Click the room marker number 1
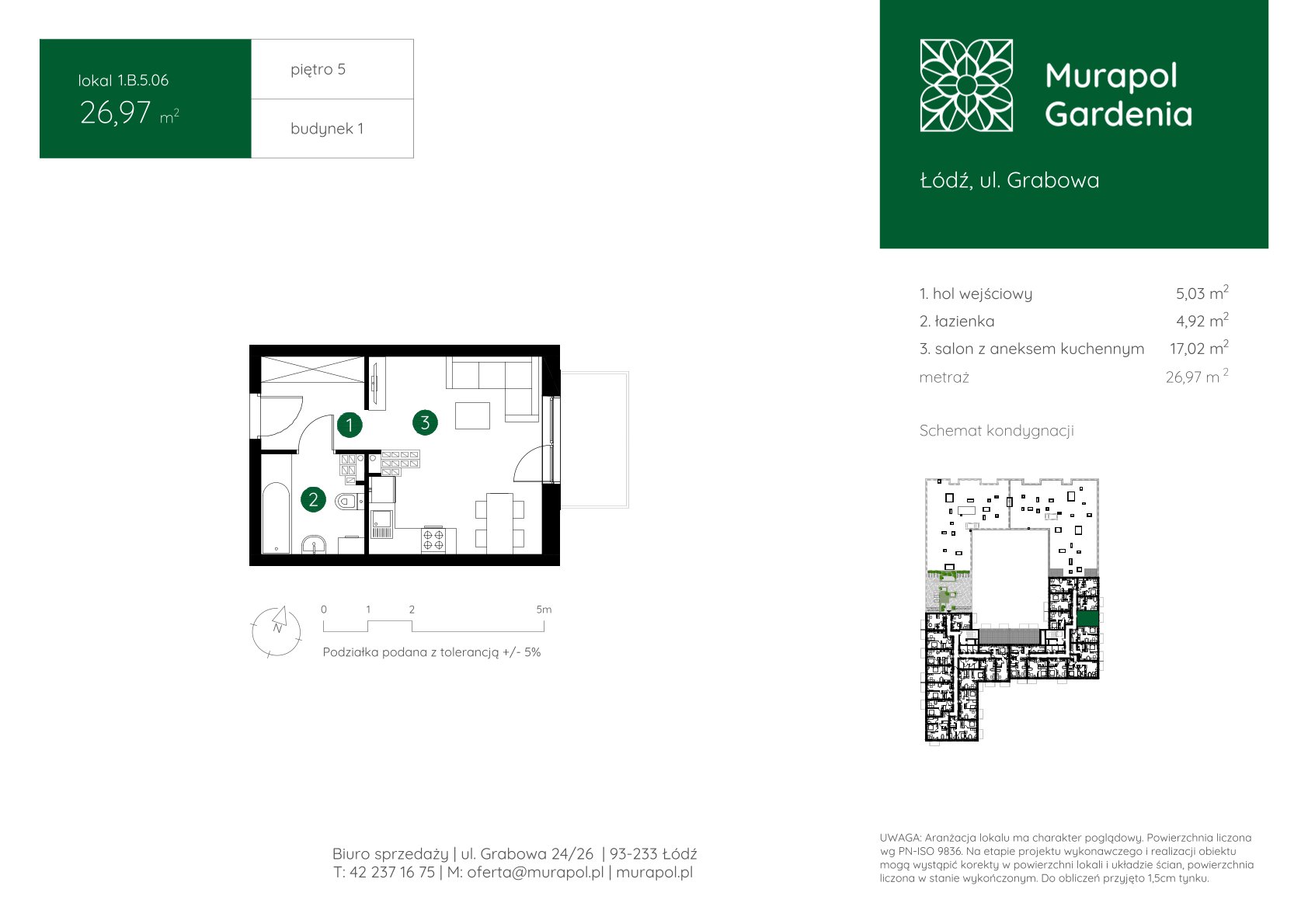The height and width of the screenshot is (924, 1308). pyautogui.click(x=350, y=425)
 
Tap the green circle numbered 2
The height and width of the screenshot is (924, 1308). pyautogui.click(x=314, y=499)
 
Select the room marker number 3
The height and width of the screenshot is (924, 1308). pyautogui.click(x=425, y=422)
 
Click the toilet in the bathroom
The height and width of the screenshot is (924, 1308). pyautogui.click(x=349, y=501)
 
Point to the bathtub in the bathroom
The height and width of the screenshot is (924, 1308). pyautogui.click(x=276, y=517)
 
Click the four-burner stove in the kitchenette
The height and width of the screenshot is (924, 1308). pyautogui.click(x=433, y=540)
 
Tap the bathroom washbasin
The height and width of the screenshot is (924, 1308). pyautogui.click(x=314, y=545)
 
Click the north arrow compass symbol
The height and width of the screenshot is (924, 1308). pyautogui.click(x=277, y=631)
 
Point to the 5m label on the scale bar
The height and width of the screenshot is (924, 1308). pyautogui.click(x=544, y=610)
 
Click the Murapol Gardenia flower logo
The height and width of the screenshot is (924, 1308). pyautogui.click(x=966, y=85)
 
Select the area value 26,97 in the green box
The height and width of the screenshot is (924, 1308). pyautogui.click(x=116, y=113)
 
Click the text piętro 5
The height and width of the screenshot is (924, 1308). pyautogui.click(x=318, y=69)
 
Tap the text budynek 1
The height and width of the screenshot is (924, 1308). pyautogui.click(x=327, y=128)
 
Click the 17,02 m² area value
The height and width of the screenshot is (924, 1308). pyautogui.click(x=1198, y=348)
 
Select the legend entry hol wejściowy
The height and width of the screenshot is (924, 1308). pyautogui.click(x=976, y=294)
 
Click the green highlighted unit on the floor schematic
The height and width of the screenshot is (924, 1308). pyautogui.click(x=1088, y=618)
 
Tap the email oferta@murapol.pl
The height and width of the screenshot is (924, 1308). pyautogui.click(x=535, y=872)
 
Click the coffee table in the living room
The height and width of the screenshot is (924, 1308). pyautogui.click(x=472, y=415)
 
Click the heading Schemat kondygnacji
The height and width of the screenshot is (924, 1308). pyautogui.click(x=997, y=431)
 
